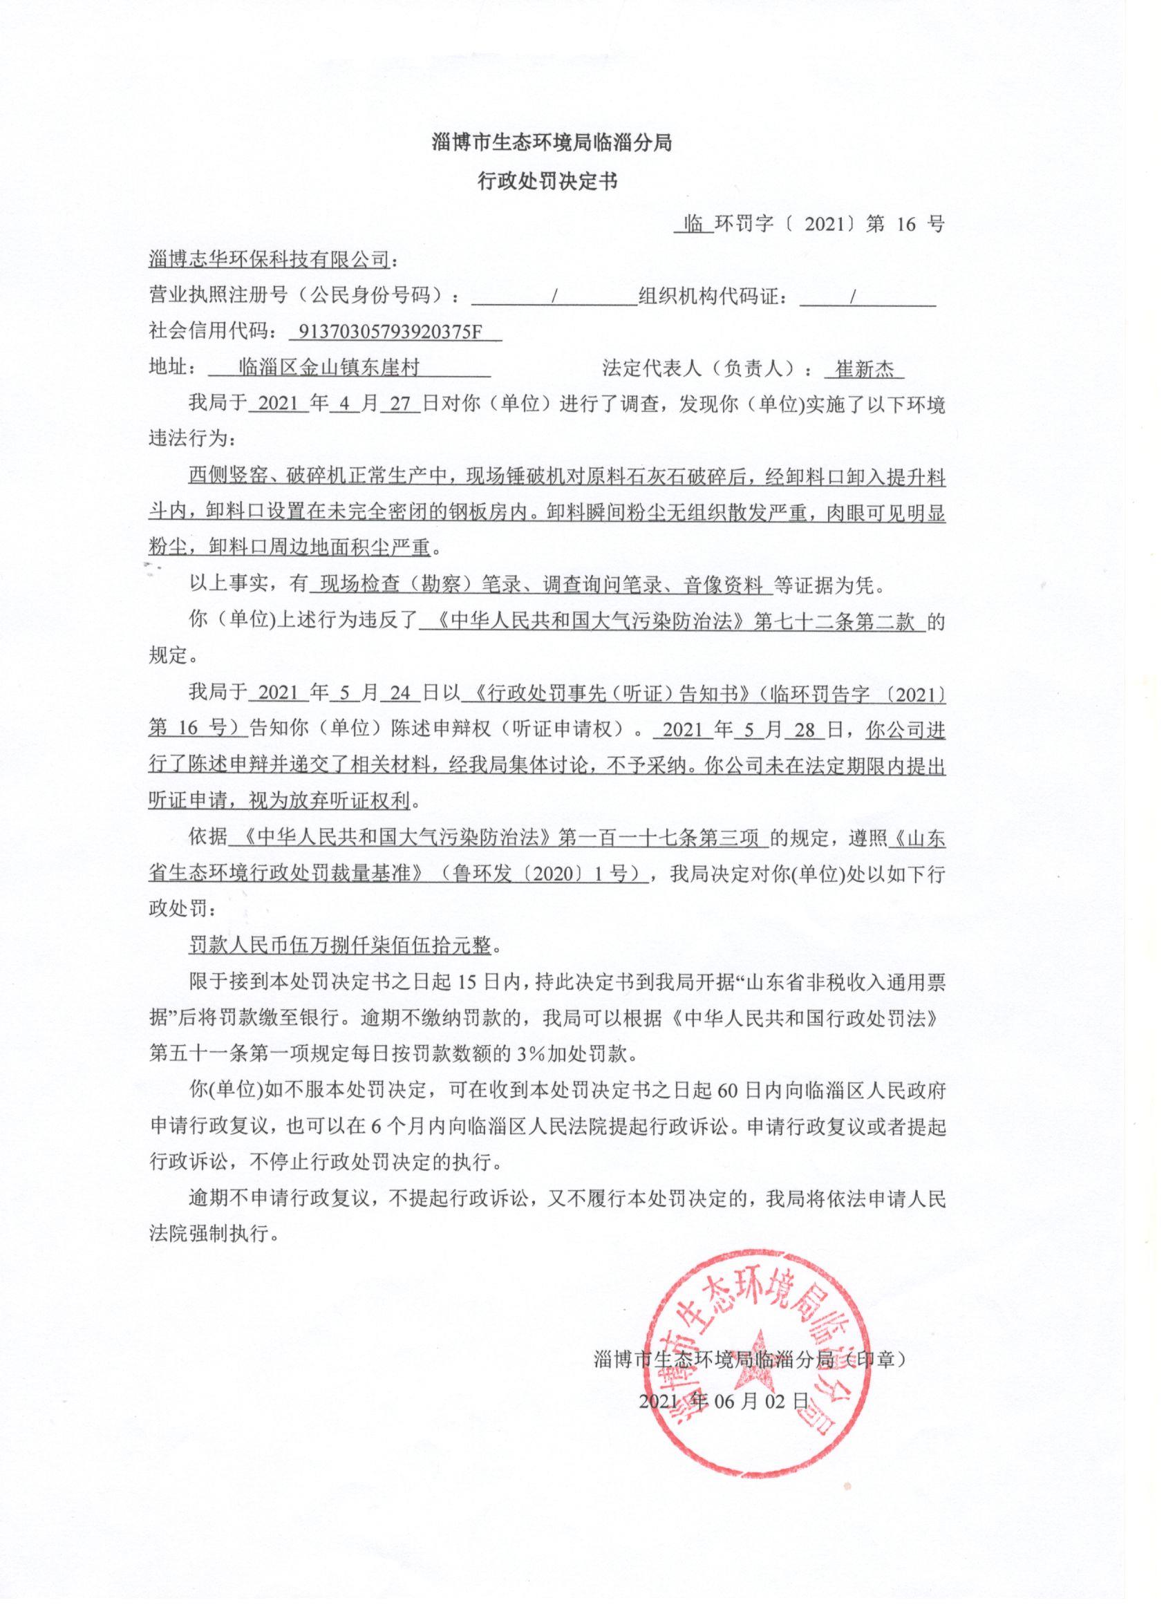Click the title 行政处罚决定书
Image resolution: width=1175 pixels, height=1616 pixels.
547,182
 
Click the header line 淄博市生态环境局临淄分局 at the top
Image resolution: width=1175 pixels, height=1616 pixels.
552,142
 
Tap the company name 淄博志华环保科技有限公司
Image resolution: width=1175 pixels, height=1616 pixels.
270,260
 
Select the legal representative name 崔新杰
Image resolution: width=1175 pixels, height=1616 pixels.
865,369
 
